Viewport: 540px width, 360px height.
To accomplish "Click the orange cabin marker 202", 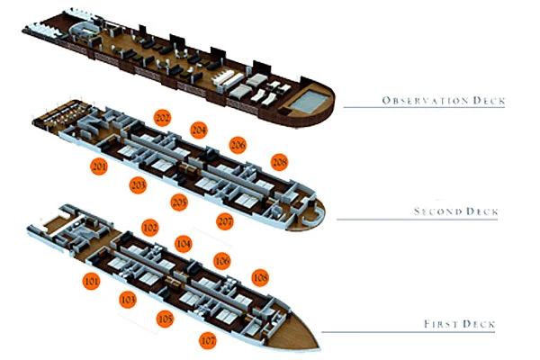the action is (x=163, y=118).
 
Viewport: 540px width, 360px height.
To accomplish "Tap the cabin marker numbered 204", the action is (x=199, y=130).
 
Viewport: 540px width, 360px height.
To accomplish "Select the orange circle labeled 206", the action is (x=238, y=145).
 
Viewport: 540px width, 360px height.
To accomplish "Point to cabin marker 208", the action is (x=279, y=162).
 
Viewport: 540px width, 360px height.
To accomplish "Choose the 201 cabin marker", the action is (x=99, y=166).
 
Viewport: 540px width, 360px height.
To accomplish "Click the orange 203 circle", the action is (x=138, y=185).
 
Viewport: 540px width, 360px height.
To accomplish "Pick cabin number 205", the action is (x=179, y=202).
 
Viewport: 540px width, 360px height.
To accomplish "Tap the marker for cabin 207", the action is (x=225, y=220).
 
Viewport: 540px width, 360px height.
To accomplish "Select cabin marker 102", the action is (x=150, y=228).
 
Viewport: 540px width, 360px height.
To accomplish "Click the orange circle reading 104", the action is (x=184, y=244).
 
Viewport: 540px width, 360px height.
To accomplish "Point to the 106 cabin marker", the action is (x=221, y=261).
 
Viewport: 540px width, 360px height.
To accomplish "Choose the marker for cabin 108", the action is (x=260, y=277).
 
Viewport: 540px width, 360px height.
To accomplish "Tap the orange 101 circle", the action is (x=91, y=281).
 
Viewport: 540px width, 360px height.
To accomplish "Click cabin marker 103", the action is (x=128, y=300).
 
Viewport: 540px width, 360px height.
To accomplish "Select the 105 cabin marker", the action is (x=165, y=319).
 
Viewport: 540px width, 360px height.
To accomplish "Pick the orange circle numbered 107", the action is (x=208, y=340).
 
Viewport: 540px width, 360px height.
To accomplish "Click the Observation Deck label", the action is (x=444, y=101).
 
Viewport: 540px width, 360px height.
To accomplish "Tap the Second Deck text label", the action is (x=456, y=211).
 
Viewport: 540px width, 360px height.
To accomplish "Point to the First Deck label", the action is (x=459, y=324).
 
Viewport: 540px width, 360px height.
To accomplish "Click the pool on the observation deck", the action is (x=309, y=101).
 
